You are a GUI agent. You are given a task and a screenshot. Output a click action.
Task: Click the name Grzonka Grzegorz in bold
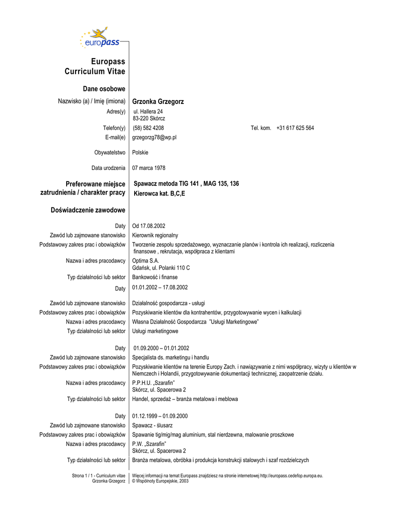(x=158, y=101)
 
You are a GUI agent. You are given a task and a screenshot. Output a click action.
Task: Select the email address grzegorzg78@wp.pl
(x=154, y=137)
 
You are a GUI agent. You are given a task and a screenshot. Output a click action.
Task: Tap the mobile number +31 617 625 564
(x=295, y=128)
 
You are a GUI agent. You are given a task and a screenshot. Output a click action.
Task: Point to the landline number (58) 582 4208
(x=148, y=128)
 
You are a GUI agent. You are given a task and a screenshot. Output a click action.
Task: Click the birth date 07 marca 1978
(x=149, y=168)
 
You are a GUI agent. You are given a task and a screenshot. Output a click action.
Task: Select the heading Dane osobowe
(x=109, y=89)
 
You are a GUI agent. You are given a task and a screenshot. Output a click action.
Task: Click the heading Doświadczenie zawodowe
(x=88, y=209)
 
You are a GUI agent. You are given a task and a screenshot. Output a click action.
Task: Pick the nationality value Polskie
(x=140, y=152)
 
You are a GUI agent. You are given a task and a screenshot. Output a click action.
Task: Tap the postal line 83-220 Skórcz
(x=149, y=118)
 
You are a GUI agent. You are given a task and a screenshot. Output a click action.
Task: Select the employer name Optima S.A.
(x=146, y=260)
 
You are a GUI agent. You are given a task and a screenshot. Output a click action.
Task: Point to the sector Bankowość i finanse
(x=155, y=277)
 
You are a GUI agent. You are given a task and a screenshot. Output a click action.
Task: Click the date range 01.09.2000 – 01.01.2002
(x=161, y=348)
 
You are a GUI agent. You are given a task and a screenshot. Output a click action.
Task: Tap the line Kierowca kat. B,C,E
(x=159, y=193)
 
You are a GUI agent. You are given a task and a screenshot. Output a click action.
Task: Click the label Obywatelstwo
(x=110, y=152)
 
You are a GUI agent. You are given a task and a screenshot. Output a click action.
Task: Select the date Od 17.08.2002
(x=149, y=226)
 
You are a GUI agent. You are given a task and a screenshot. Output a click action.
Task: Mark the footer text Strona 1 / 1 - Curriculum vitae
(x=99, y=475)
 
